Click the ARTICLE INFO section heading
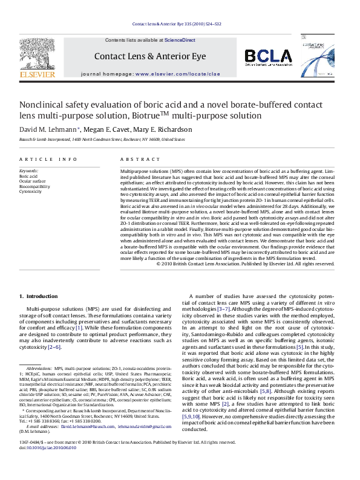pos(43,158)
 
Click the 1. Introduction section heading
pos(41,296)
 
